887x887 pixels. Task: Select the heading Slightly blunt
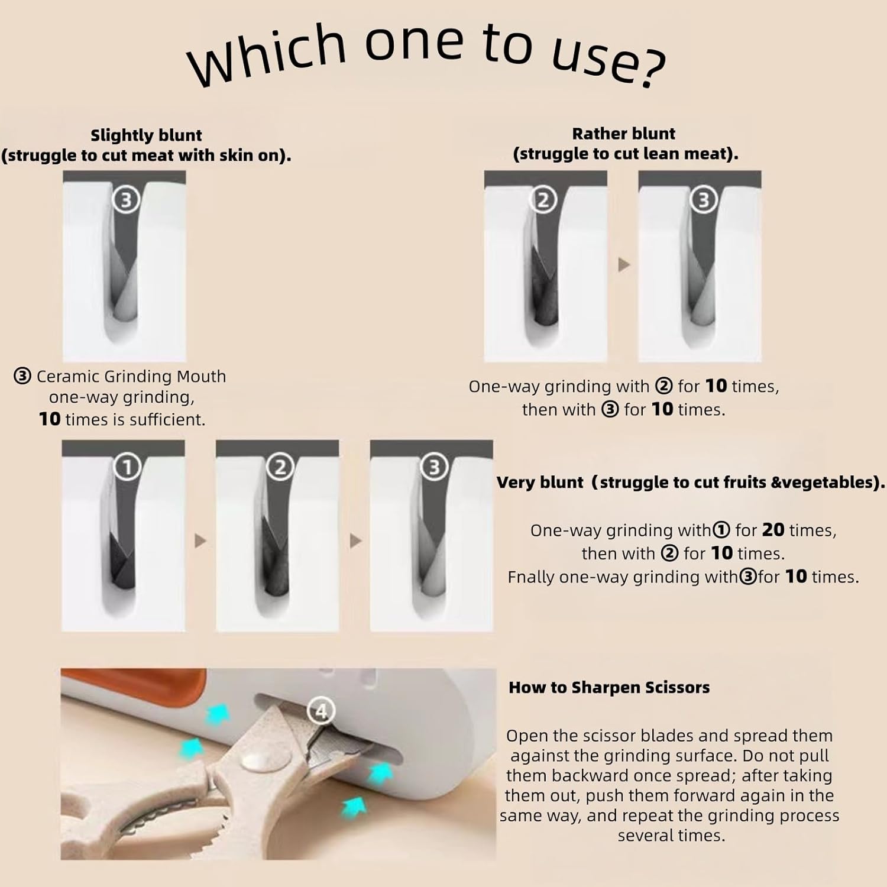tap(146, 135)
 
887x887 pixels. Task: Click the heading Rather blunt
tap(623, 134)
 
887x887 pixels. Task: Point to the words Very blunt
tap(540, 483)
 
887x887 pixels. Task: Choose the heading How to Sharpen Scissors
tap(609, 688)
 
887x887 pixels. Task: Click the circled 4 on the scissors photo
tap(321, 710)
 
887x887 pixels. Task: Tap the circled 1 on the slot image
tap(127, 468)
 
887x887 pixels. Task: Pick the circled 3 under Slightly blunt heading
tap(126, 200)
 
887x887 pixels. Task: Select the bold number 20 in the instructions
tap(773, 530)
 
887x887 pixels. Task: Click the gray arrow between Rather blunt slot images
tap(624, 265)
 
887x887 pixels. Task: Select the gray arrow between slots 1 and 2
tap(200, 540)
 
